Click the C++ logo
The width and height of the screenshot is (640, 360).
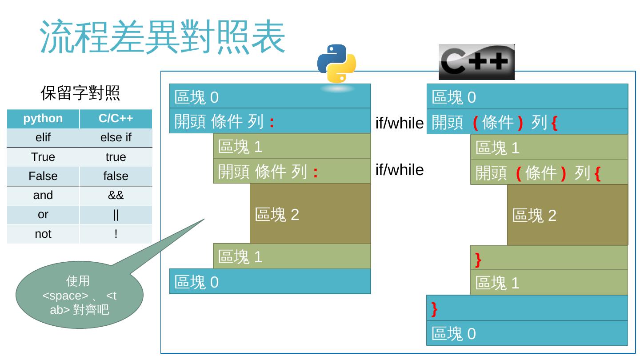pyautogui.click(x=476, y=62)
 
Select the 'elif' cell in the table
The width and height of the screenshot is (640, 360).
pyautogui.click(x=43, y=138)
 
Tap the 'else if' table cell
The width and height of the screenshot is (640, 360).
pyautogui.click(x=116, y=138)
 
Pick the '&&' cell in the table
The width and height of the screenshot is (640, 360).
pyautogui.click(x=116, y=195)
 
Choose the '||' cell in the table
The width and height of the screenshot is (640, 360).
pyautogui.click(x=116, y=215)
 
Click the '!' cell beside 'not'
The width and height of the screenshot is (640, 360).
pyautogui.click(x=116, y=234)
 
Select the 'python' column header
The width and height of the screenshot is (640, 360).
pyautogui.click(x=43, y=119)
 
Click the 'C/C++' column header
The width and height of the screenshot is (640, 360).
pyautogui.click(x=116, y=119)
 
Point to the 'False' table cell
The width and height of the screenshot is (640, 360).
pyautogui.click(x=43, y=176)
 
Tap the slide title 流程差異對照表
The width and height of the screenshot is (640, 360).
pyautogui.click(x=162, y=36)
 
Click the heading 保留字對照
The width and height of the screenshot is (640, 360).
pyautogui.click(x=80, y=93)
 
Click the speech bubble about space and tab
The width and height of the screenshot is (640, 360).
pyautogui.click(x=80, y=295)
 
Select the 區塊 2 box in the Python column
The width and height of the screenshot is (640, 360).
pyautogui.click(x=310, y=214)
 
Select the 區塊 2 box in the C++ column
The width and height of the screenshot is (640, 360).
pyautogui.click(x=567, y=215)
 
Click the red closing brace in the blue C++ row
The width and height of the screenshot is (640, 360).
pyautogui.click(x=434, y=308)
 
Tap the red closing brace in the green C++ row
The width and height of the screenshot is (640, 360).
pyautogui.click(x=478, y=259)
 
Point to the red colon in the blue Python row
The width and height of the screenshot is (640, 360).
pyautogui.click(x=271, y=121)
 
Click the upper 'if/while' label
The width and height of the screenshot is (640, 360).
pyautogui.click(x=399, y=123)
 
